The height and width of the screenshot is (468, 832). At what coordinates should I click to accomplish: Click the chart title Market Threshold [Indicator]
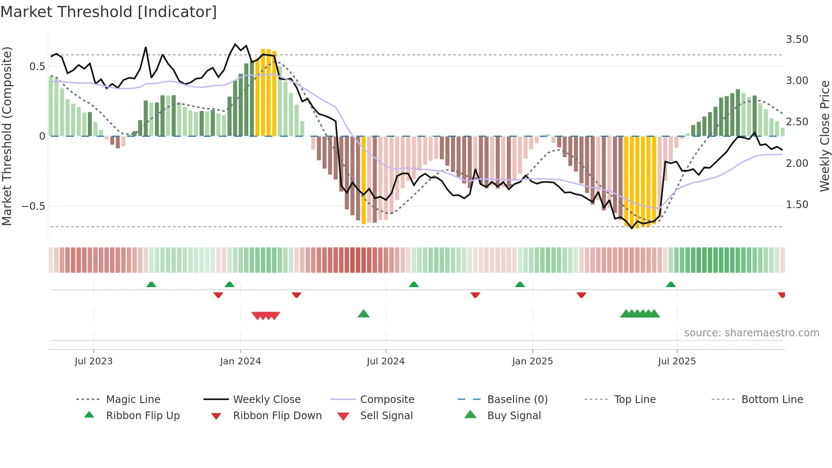[109, 12]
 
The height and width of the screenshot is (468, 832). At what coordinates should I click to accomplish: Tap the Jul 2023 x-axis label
[93, 361]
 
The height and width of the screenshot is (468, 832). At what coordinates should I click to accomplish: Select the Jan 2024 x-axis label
[240, 361]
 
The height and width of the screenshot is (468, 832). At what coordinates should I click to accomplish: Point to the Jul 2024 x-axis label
[385, 361]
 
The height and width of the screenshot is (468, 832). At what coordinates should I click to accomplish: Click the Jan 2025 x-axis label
[532, 361]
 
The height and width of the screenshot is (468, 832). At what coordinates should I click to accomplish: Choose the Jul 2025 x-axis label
[677, 361]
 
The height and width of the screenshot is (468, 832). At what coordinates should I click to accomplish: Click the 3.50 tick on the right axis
[797, 39]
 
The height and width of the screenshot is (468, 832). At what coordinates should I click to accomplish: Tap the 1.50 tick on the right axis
[797, 205]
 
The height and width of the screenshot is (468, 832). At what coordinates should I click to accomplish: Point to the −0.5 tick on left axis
[33, 206]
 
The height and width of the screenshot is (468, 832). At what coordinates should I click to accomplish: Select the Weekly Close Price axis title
[824, 136]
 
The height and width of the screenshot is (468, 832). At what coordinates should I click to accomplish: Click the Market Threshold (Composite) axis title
[7, 136]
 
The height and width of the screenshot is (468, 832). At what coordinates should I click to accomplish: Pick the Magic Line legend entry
[133, 400]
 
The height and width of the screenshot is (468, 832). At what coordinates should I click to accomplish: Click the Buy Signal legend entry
[514, 416]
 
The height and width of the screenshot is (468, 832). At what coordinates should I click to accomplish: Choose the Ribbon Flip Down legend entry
[277, 416]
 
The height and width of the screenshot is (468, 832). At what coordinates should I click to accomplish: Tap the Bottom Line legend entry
[772, 400]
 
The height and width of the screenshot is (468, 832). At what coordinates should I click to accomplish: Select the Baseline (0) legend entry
[517, 400]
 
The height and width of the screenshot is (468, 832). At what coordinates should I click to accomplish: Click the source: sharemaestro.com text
[751, 333]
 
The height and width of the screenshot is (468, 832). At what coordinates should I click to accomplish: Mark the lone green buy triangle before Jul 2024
[363, 314]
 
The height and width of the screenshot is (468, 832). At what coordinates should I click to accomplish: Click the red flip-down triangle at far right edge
[781, 295]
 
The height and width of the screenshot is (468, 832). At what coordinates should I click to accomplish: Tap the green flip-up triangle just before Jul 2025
[671, 285]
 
